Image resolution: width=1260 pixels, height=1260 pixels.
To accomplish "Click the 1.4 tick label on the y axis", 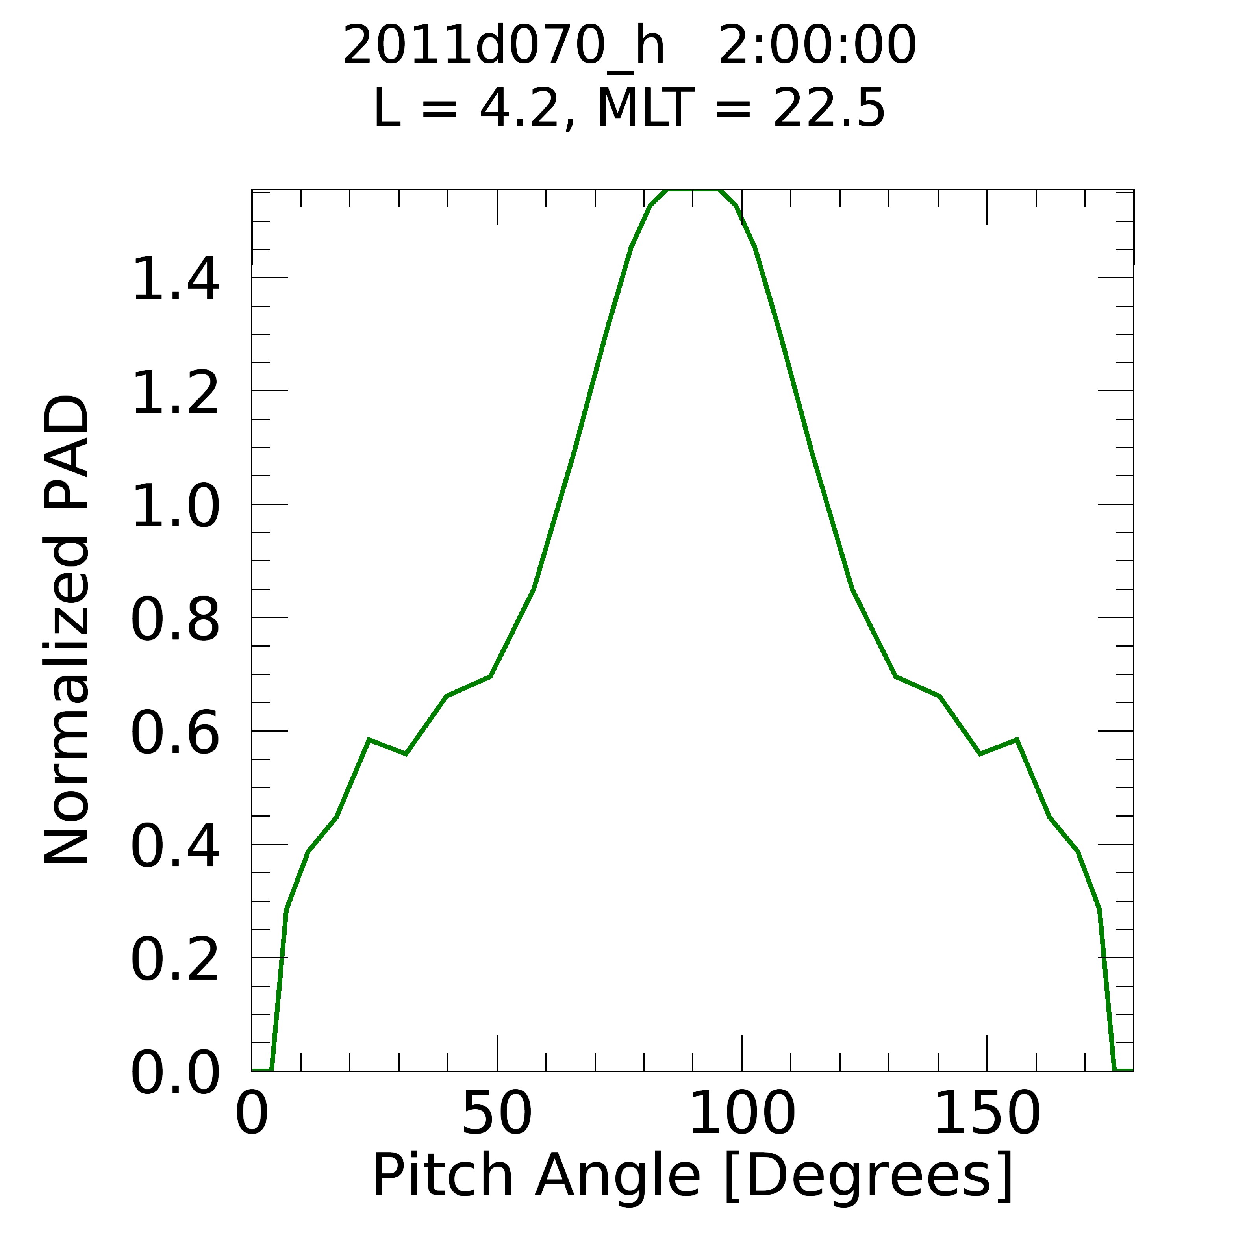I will (x=175, y=280).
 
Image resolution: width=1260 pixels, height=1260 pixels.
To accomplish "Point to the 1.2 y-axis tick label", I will (x=175, y=393).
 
